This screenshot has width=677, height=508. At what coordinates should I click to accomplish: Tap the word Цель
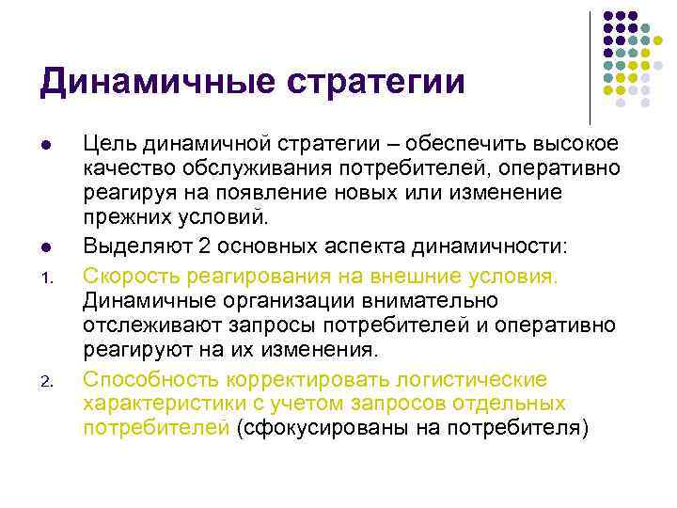pyautogui.click(x=106, y=145)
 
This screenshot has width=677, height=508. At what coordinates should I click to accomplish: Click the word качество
pyautogui.click(x=125, y=168)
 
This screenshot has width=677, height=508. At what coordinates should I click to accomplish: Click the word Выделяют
pyautogui.click(x=130, y=248)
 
